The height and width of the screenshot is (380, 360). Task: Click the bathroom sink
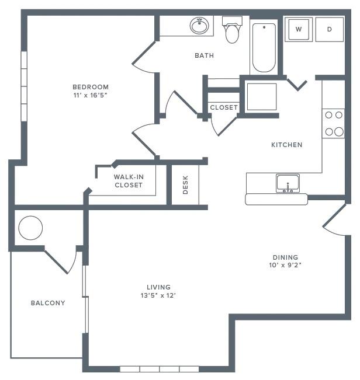click(x=199, y=26)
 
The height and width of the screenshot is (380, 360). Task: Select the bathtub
click(x=264, y=47)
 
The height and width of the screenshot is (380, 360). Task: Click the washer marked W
click(x=299, y=29)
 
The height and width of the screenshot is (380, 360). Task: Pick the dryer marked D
click(x=330, y=29)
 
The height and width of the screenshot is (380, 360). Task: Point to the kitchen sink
click(x=288, y=183)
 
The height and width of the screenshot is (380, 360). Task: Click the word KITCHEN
click(x=286, y=145)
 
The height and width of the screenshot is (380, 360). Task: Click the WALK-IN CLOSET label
click(x=128, y=180)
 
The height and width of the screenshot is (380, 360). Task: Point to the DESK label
click(x=186, y=186)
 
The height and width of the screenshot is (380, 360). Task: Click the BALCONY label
click(x=48, y=303)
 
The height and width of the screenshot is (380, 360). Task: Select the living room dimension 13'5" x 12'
click(x=158, y=295)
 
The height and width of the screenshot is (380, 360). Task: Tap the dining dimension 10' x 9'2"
click(x=285, y=265)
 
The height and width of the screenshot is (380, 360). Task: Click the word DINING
click(x=285, y=257)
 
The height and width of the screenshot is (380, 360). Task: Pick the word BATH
click(x=204, y=56)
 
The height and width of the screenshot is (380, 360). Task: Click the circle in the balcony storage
click(x=30, y=228)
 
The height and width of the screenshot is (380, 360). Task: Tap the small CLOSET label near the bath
click(x=224, y=107)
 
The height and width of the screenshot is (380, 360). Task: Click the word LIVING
click(x=158, y=287)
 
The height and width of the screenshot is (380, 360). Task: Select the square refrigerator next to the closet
click(x=261, y=97)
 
